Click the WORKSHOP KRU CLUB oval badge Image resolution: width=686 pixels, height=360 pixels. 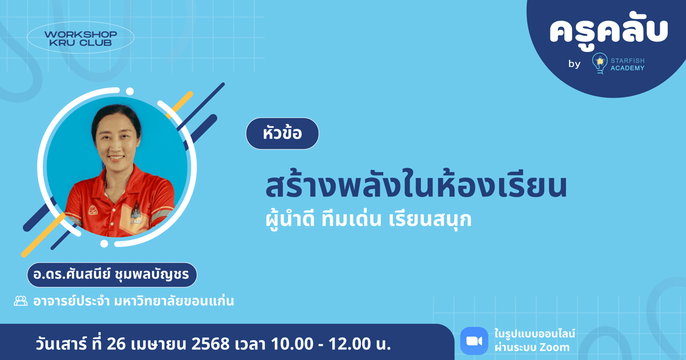(80, 37)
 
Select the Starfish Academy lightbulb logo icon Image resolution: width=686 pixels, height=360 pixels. (599, 63)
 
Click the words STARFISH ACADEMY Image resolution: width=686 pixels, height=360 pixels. (628, 64)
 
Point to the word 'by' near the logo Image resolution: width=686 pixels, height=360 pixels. (574, 64)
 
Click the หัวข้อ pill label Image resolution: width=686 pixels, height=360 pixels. (282, 133)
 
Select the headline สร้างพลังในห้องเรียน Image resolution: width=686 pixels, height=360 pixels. (416, 185)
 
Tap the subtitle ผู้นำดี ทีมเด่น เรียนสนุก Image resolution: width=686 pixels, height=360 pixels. (369, 220)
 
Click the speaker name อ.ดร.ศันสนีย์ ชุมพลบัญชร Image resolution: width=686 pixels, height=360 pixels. (112, 275)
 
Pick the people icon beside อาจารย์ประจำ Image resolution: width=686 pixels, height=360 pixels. (21, 301)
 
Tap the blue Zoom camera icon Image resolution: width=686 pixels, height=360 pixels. (474, 341)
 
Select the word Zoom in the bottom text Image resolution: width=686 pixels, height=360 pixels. (555, 348)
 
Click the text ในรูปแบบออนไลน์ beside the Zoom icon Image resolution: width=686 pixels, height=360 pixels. (534, 334)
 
